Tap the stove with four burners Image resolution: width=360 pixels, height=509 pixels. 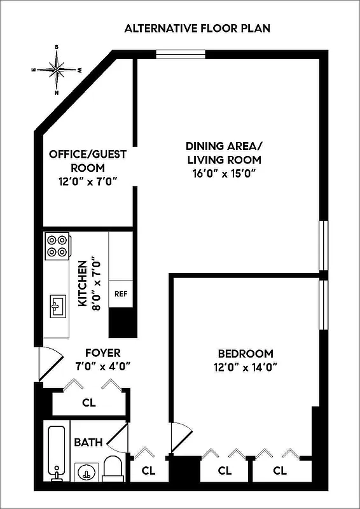[57, 246]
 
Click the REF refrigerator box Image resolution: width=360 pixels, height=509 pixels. [120, 295]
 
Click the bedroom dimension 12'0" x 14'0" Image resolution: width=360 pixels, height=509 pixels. [246, 366]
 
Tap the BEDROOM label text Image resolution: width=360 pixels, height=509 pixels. [246, 354]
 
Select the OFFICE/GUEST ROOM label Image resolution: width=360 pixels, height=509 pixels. [88, 161]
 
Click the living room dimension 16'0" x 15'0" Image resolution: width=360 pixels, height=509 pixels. [224, 173]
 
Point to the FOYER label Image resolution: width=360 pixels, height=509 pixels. [102, 352]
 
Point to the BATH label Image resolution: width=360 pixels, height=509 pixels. [88, 442]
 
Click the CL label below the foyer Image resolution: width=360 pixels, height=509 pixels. [89, 402]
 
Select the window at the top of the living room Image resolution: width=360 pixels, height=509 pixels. [181, 55]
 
